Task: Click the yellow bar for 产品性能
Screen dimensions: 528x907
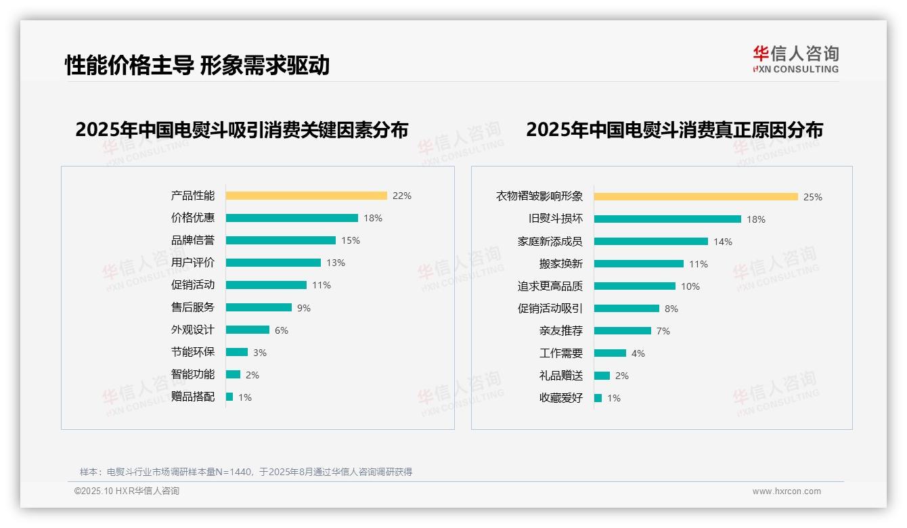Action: point(306,196)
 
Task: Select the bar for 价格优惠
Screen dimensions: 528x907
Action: point(292,218)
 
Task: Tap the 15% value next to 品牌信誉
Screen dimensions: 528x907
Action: point(351,240)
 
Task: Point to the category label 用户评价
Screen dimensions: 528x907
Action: point(193,263)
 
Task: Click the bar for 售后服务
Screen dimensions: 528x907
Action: point(259,307)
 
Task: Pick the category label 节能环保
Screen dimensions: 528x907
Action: point(193,352)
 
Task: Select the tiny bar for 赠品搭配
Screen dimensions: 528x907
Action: point(229,397)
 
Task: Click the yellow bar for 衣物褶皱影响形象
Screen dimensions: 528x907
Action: point(696,197)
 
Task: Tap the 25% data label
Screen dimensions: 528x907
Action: point(812,197)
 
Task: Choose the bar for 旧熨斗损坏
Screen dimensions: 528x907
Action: point(667,219)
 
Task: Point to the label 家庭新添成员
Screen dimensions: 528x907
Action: point(550,242)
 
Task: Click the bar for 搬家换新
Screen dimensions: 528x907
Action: point(639,264)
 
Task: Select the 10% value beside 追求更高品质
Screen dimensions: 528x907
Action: point(690,286)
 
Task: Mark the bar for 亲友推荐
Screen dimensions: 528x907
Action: point(623,331)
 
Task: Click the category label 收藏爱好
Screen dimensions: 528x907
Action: point(560,398)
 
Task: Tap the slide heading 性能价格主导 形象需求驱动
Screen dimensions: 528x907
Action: point(197,65)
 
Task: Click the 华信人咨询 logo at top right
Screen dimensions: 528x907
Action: point(795,59)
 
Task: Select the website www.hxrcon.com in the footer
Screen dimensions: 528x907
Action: point(787,491)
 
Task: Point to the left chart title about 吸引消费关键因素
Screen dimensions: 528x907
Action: point(242,129)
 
